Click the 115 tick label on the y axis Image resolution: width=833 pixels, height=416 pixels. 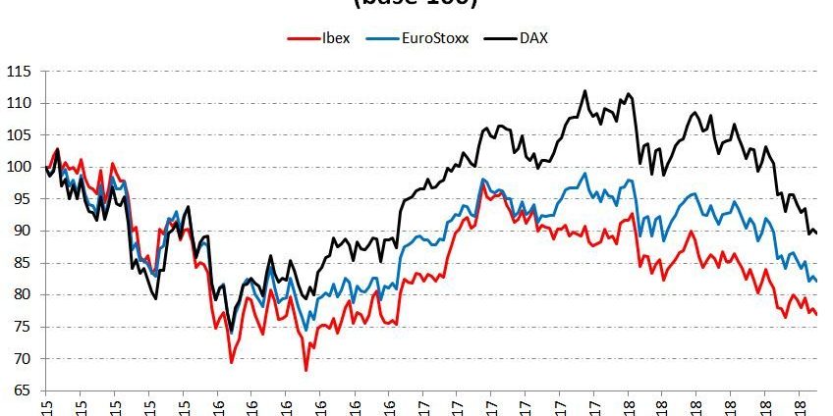pyautogui.click(x=19, y=72)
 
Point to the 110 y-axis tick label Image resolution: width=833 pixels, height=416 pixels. pyautogui.click(x=19, y=103)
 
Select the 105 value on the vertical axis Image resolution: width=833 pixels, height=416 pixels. pyautogui.click(x=19, y=135)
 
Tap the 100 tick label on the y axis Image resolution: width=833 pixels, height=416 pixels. pyautogui.click(x=19, y=167)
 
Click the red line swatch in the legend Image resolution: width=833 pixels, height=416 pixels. pyautogui.click(x=300, y=38)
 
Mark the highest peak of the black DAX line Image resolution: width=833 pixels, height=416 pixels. pyautogui.click(x=585, y=91)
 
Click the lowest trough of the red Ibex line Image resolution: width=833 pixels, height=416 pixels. pyautogui.click(x=306, y=370)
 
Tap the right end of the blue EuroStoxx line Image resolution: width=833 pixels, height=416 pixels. pyautogui.click(x=817, y=282)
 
